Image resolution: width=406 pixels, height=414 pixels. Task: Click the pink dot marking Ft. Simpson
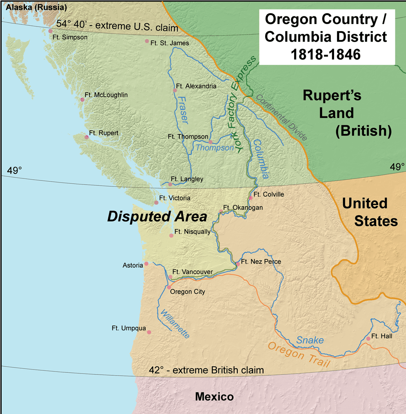(x=50, y=31)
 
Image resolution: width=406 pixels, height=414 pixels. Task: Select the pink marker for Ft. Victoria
(x=156, y=203)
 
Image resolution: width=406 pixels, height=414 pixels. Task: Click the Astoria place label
(x=133, y=265)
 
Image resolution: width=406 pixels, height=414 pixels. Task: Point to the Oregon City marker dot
(x=169, y=287)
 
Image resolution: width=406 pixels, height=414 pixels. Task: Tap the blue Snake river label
(x=310, y=340)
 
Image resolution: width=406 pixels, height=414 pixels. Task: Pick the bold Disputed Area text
(x=157, y=217)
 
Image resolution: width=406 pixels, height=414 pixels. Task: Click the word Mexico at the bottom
(x=214, y=396)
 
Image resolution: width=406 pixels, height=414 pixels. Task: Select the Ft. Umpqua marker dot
(x=149, y=332)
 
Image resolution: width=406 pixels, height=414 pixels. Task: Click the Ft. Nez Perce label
(x=261, y=262)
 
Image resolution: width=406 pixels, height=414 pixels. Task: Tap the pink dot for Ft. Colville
(x=251, y=198)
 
